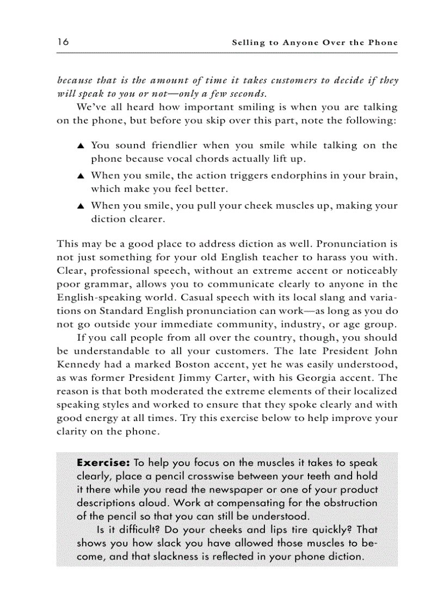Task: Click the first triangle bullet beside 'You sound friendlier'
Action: (81, 146)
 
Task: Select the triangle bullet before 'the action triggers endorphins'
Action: (81, 176)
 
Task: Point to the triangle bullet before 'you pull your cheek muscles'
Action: (81, 206)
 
